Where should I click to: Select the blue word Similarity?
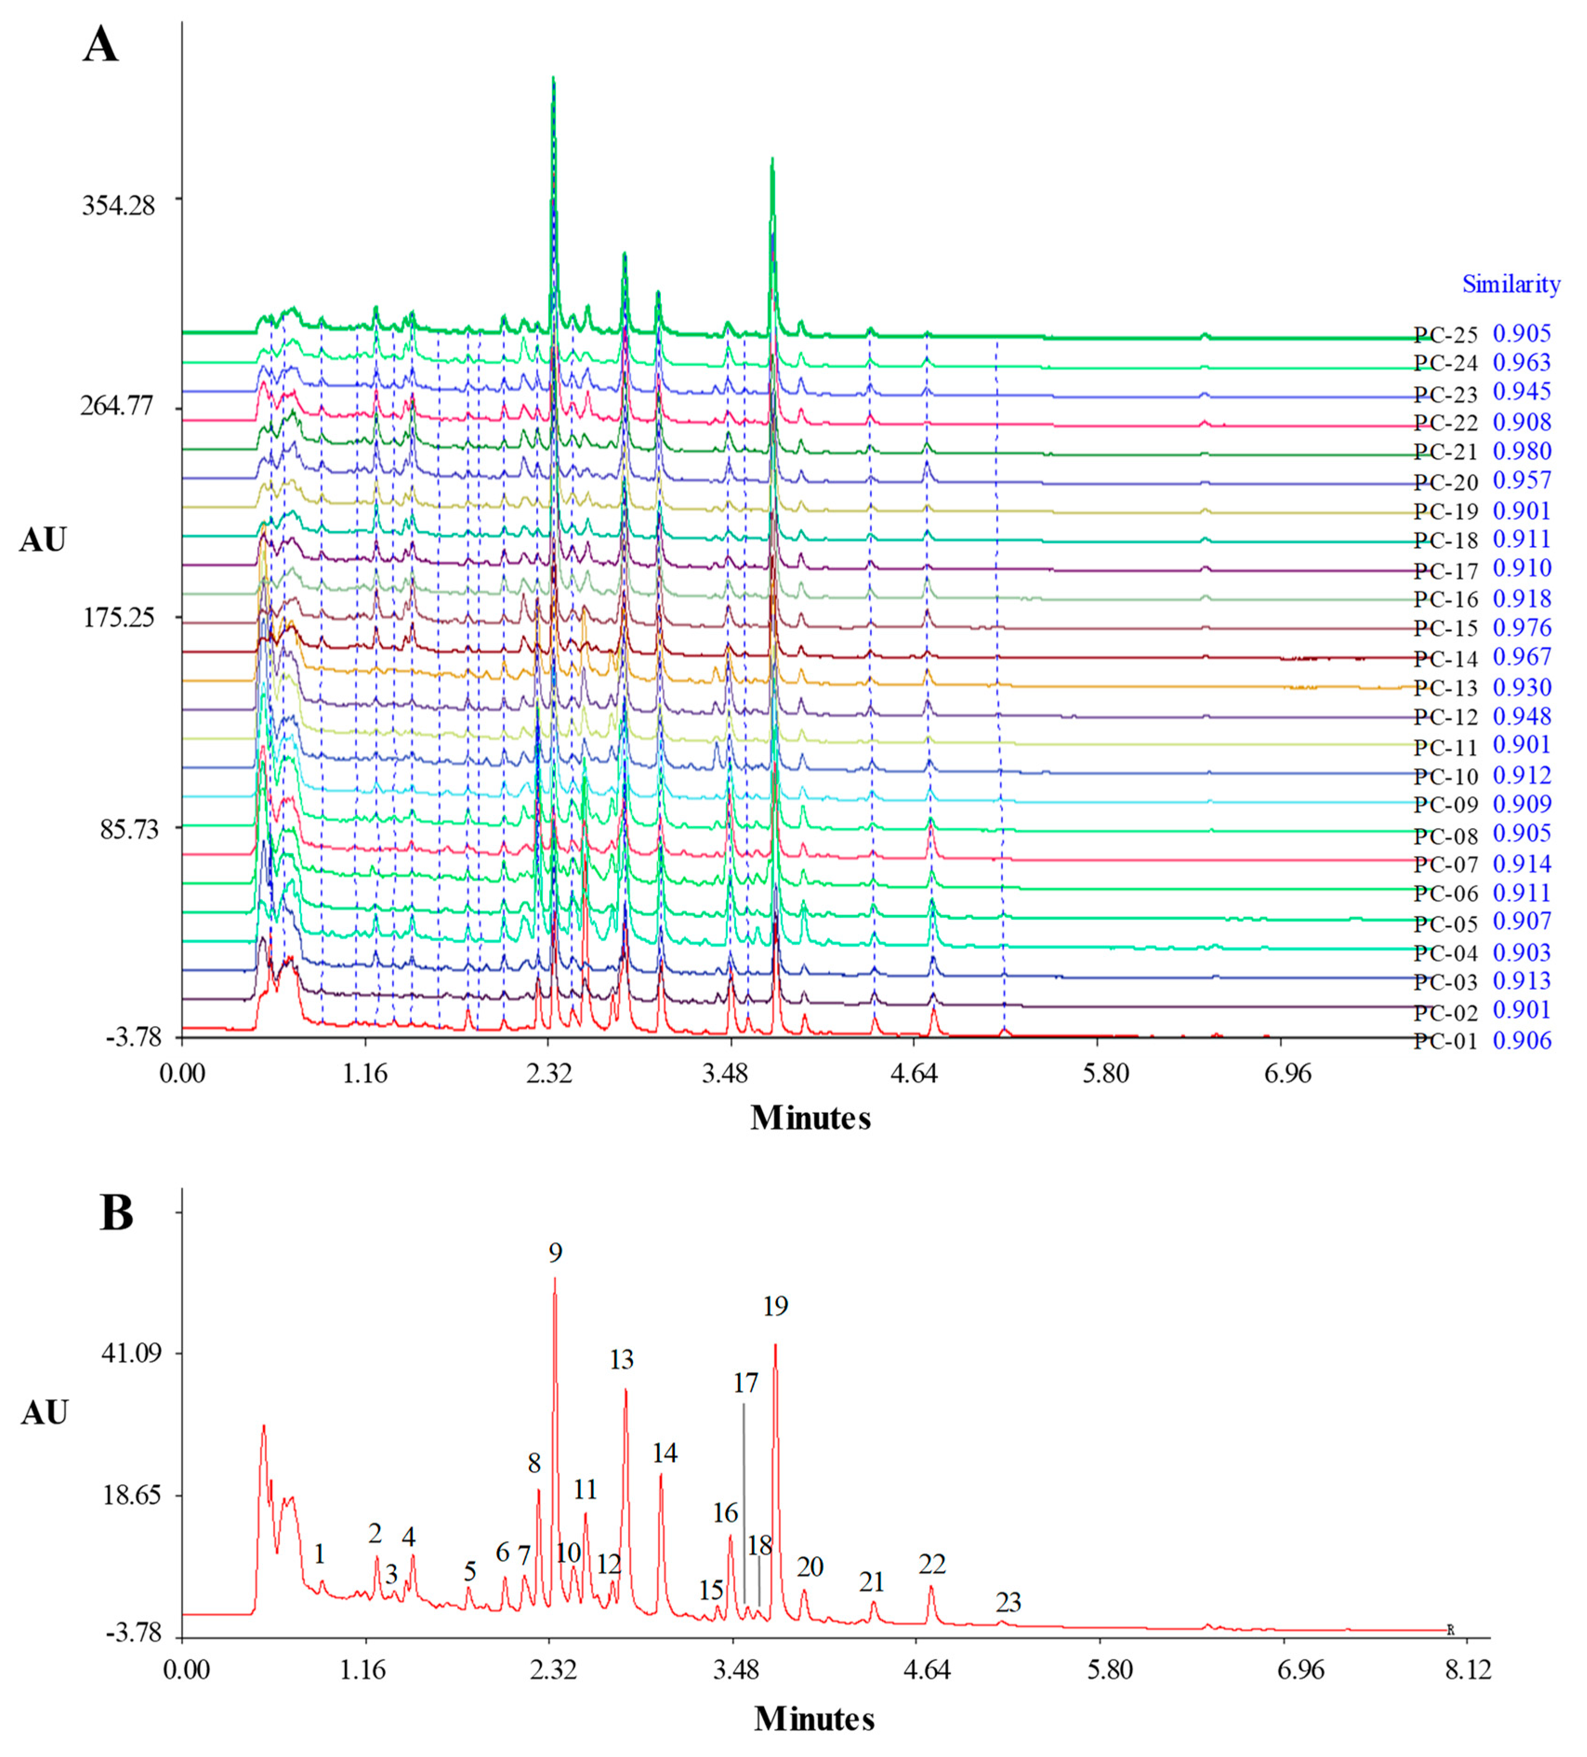1510,284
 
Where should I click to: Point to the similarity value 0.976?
1521,627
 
